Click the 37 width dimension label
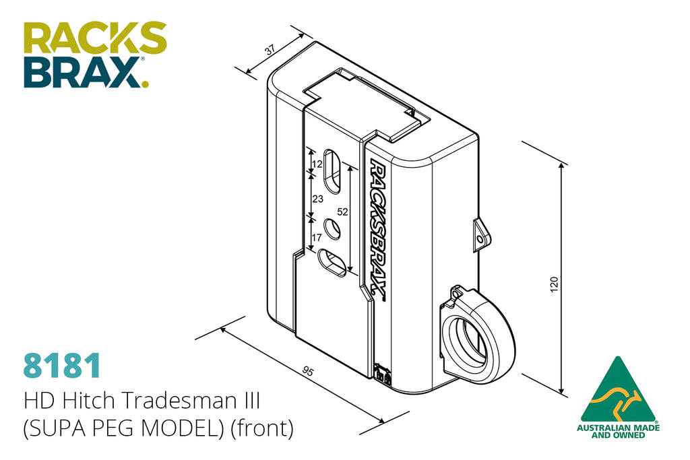pos(270,49)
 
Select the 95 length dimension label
pos(308,372)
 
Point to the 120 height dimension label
pos(554,284)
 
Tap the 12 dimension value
pos(317,164)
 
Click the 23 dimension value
pos(318,199)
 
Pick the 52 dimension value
pos(342,212)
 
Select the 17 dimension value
pos(317,238)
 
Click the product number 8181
pos(61,366)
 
